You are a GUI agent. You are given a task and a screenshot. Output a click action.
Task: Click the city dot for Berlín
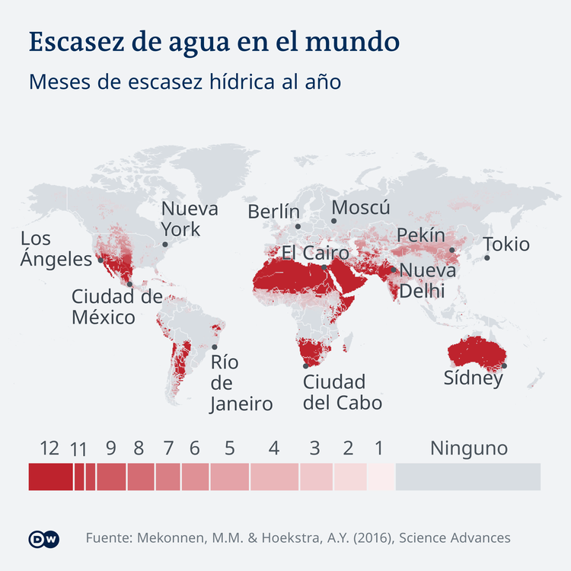pyautogui.click(x=298, y=226)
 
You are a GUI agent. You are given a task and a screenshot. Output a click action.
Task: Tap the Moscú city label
pyautogui.click(x=361, y=208)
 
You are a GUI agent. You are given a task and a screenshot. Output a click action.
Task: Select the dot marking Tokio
pyautogui.click(x=487, y=258)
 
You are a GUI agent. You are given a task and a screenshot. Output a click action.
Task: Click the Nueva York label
pyautogui.click(x=190, y=219)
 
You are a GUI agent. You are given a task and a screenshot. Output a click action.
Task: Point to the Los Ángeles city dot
pyautogui.click(x=100, y=260)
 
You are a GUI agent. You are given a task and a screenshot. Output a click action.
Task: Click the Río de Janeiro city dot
pyautogui.click(x=215, y=346)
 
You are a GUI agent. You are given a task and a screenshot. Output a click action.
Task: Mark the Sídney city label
pyautogui.click(x=474, y=378)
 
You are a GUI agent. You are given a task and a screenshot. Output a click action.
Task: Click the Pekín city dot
pyautogui.click(x=451, y=250)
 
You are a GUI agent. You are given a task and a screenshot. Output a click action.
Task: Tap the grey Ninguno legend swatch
pyautogui.click(x=467, y=477)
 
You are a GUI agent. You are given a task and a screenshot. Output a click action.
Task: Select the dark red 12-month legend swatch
pyautogui.click(x=50, y=477)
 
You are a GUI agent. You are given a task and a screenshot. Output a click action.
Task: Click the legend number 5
pyautogui.click(x=229, y=448)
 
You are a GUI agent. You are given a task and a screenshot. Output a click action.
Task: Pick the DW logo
pyautogui.click(x=43, y=538)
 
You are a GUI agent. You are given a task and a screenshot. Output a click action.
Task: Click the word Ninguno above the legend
pyautogui.click(x=468, y=448)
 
